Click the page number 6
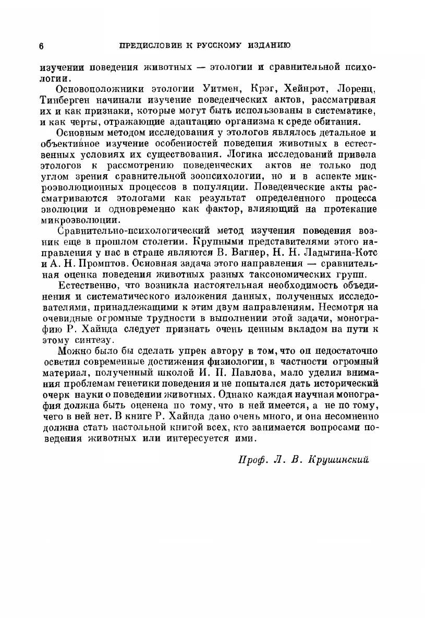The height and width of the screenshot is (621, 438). coord(41,45)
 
